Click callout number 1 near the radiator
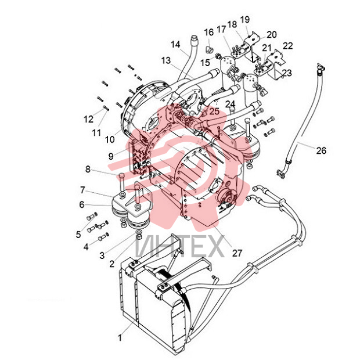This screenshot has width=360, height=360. [x=120, y=338]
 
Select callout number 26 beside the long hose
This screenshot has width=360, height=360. [x=321, y=150]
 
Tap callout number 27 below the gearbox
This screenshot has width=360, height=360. [x=237, y=253]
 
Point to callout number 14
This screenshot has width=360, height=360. [x=175, y=44]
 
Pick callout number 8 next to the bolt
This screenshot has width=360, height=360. [x=88, y=169]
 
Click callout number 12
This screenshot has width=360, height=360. [x=89, y=119]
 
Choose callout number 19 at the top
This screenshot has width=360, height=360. [x=245, y=20]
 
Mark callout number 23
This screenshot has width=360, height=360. [x=287, y=73]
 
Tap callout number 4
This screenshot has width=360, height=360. [x=86, y=247]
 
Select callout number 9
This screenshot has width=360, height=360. [x=111, y=156]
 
